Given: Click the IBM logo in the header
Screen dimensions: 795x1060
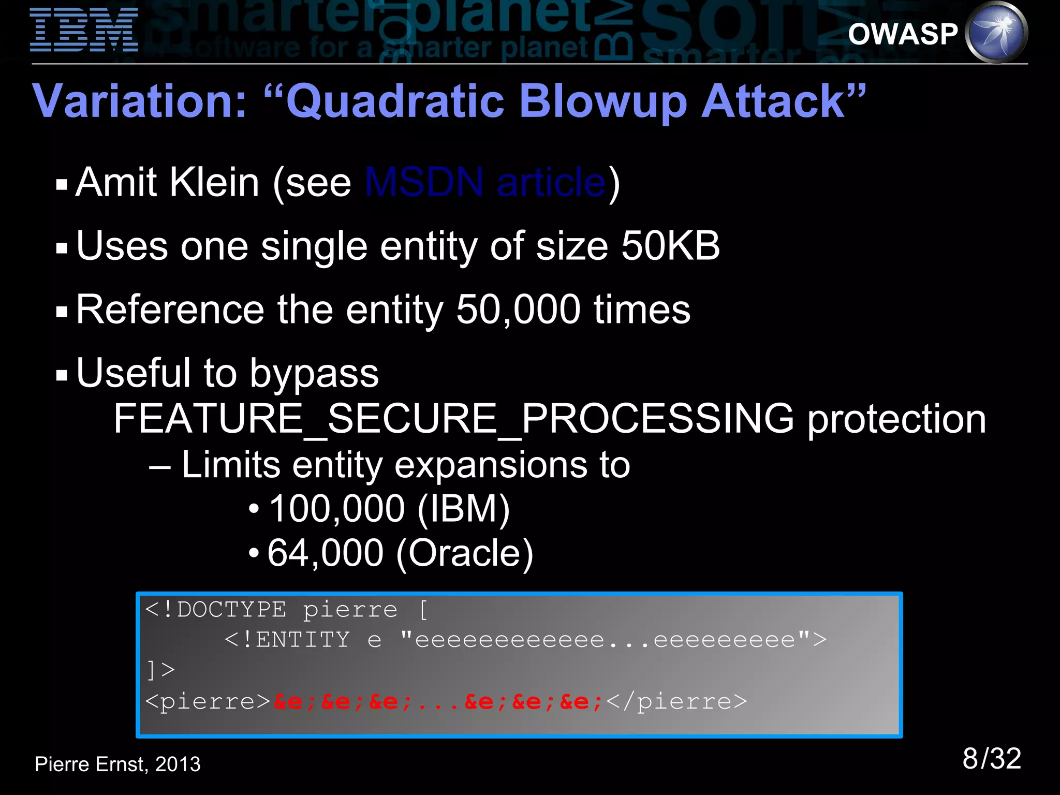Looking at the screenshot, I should coord(84,30).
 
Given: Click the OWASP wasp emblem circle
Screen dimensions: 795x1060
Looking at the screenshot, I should coord(996,33).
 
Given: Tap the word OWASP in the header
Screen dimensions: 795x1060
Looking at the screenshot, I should coord(903,35).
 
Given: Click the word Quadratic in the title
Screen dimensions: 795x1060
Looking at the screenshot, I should coord(395,101).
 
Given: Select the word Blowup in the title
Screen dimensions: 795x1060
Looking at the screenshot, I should coord(603,101).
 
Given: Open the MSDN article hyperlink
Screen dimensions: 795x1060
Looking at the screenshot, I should coord(485,182).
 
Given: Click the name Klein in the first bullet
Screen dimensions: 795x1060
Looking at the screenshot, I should coord(214,182).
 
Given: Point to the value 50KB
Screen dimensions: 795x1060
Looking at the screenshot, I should coord(670,246).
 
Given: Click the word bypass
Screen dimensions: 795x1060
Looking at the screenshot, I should coord(314,374).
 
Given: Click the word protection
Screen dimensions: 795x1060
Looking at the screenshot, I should coord(896,419).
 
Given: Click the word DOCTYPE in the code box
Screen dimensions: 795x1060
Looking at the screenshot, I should coord(231,610).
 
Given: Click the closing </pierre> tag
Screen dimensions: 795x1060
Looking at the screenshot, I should coord(676,702).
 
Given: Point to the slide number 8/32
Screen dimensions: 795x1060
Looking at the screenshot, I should coord(991,759).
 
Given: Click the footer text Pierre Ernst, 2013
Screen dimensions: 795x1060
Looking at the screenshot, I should coord(117,764).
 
